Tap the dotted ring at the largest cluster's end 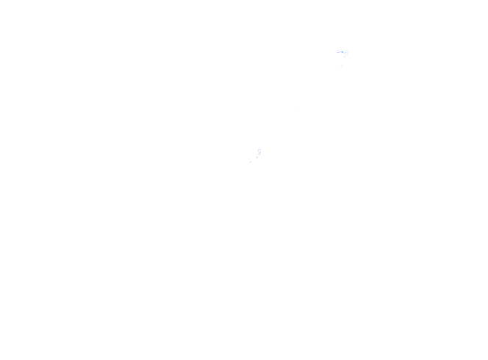(x=347, y=51)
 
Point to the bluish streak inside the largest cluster (x=342, y=52)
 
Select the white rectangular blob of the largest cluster (x=337, y=51)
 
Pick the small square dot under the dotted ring (x=345, y=56)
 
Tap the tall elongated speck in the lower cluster (x=259, y=151)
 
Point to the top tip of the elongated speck (x=259, y=149)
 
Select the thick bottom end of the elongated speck (x=259, y=154)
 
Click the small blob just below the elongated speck (x=256, y=157)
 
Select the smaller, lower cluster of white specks (x=256, y=155)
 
